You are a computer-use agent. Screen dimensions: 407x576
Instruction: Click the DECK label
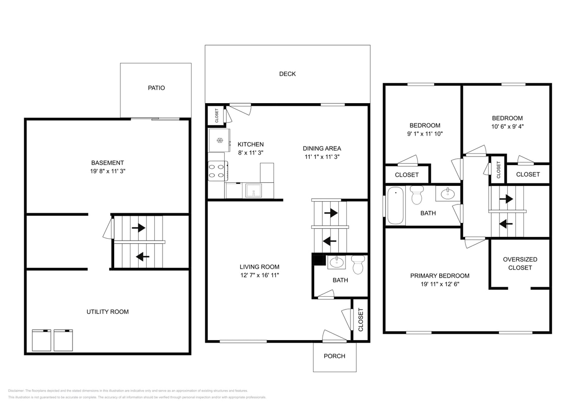(x=287, y=74)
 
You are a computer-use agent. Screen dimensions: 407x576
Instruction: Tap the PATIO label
(x=156, y=88)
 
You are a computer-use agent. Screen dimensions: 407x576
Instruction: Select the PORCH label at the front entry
(x=334, y=356)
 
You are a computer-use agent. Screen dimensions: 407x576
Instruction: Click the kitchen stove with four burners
(x=217, y=170)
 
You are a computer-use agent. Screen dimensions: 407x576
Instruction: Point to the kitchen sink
(x=253, y=190)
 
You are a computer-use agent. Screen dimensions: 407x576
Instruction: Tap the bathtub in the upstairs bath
(x=395, y=205)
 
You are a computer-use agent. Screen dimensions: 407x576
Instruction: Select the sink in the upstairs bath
(x=447, y=194)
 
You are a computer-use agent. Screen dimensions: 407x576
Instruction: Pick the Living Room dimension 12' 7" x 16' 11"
(x=259, y=275)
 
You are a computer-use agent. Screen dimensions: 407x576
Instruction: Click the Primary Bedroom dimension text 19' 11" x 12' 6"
(x=439, y=284)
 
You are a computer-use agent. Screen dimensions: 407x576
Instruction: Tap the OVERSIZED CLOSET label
(x=520, y=263)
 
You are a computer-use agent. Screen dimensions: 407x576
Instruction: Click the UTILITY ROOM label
(x=107, y=312)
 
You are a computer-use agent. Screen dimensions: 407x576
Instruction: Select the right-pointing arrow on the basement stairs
(x=138, y=228)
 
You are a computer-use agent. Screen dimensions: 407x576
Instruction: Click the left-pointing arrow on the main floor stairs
(x=330, y=241)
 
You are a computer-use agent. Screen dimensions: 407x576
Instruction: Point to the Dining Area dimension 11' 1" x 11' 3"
(x=322, y=157)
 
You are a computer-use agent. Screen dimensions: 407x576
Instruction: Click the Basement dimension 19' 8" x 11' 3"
(x=107, y=171)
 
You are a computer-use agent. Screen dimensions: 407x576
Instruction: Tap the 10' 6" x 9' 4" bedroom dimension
(x=507, y=127)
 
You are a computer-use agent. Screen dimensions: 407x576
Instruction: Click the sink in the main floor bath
(x=336, y=261)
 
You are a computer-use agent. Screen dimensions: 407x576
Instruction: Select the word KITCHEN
(x=250, y=144)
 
